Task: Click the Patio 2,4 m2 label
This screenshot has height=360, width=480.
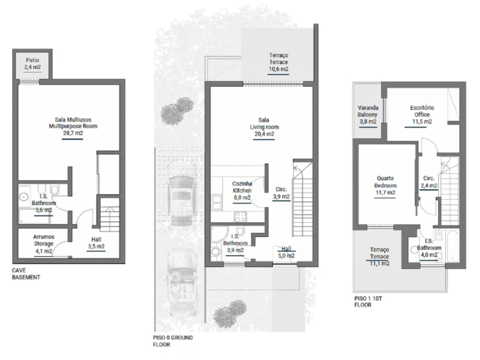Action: (x=33, y=64)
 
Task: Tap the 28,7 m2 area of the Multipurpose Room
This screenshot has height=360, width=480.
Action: (x=73, y=133)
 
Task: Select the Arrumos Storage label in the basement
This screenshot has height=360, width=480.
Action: (x=44, y=240)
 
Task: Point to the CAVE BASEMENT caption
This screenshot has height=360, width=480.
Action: (x=26, y=274)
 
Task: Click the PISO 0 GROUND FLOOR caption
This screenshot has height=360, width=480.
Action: (x=173, y=341)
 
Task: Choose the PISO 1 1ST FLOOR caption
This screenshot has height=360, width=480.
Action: (x=368, y=302)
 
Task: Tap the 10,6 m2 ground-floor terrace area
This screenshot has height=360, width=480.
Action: (x=279, y=69)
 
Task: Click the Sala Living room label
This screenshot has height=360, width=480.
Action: (x=265, y=124)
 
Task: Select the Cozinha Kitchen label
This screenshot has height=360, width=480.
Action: (x=242, y=187)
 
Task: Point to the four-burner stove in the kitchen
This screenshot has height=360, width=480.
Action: (x=240, y=216)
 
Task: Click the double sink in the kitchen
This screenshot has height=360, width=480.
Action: (x=217, y=203)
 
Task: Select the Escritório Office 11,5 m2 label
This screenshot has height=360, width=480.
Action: (x=422, y=115)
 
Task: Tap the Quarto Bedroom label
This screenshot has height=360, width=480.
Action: (x=385, y=181)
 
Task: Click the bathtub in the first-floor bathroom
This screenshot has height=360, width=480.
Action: (x=452, y=246)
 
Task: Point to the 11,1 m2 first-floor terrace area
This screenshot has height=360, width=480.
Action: (x=380, y=263)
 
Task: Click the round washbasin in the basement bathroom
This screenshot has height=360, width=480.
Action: (x=23, y=197)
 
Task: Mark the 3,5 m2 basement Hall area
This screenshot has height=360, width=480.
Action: (x=96, y=246)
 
